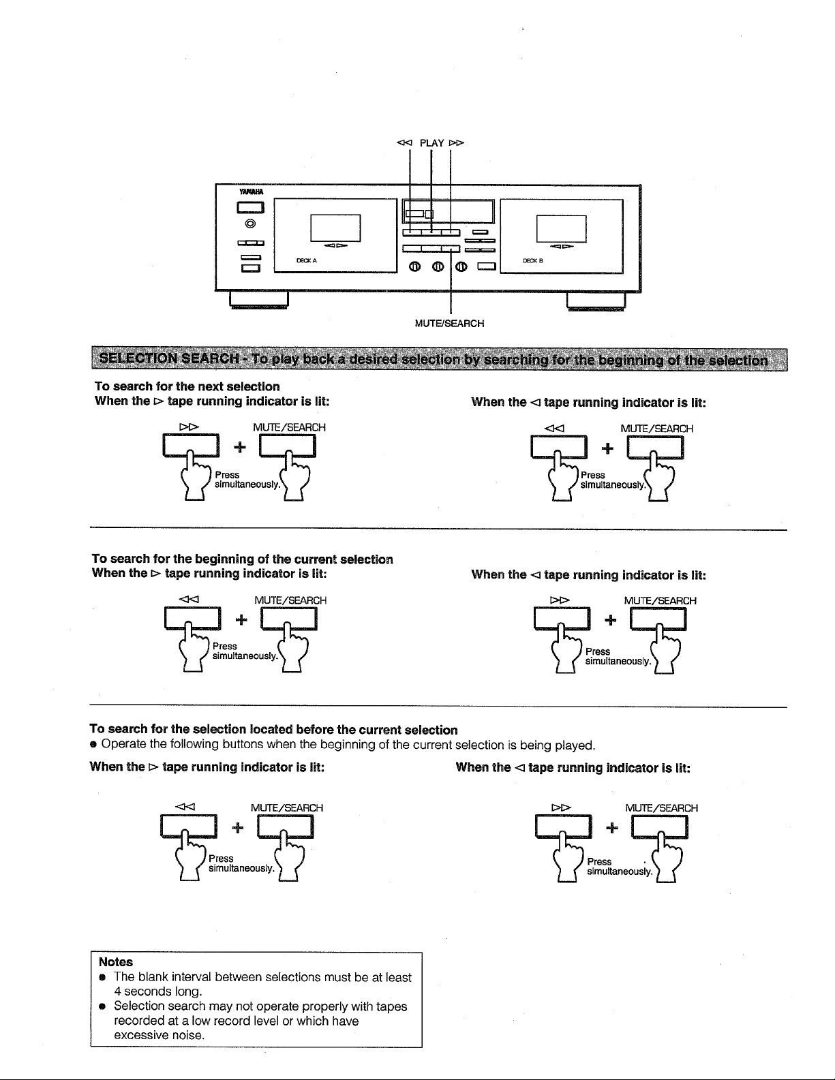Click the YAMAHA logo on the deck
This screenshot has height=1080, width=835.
pos(251,192)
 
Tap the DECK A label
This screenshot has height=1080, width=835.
pos(306,260)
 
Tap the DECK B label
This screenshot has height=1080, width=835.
pos(532,260)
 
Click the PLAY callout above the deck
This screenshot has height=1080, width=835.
pos(431,143)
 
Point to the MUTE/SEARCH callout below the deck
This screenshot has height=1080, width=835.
pos(449,324)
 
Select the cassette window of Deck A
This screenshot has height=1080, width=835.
pos(335,228)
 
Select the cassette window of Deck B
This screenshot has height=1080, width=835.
pos(561,229)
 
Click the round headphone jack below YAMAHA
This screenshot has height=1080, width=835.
pos(251,224)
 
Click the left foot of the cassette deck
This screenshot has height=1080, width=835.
pos(258,300)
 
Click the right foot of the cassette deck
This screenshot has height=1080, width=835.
pos(596,300)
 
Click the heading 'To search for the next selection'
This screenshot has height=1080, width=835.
pos(187,386)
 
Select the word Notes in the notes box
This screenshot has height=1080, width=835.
pos(116,961)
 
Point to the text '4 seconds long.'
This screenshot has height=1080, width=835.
pos(158,991)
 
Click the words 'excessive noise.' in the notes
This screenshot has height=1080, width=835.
pos(159,1035)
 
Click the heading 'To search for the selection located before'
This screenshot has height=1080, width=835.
pos(273,730)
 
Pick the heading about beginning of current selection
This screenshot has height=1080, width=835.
pos(243,559)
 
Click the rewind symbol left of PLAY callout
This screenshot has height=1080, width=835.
pos(405,143)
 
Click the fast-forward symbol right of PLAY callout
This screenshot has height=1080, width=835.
pos(456,143)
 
